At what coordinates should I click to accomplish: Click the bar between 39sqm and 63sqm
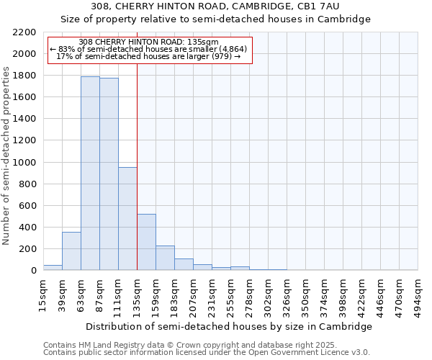[x=71, y=251]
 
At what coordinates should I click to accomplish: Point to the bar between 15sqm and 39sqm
[x=53, y=267]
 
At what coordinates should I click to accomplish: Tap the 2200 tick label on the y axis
[x=24, y=32]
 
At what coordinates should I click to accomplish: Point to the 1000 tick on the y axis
[x=24, y=163]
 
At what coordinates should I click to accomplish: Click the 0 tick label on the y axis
[x=33, y=271]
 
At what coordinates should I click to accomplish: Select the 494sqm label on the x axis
[x=418, y=295]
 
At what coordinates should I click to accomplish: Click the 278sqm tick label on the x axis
[x=250, y=295]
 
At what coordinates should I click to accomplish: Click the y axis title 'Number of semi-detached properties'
[x=6, y=155]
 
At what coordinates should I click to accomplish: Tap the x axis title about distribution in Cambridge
[x=229, y=326]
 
